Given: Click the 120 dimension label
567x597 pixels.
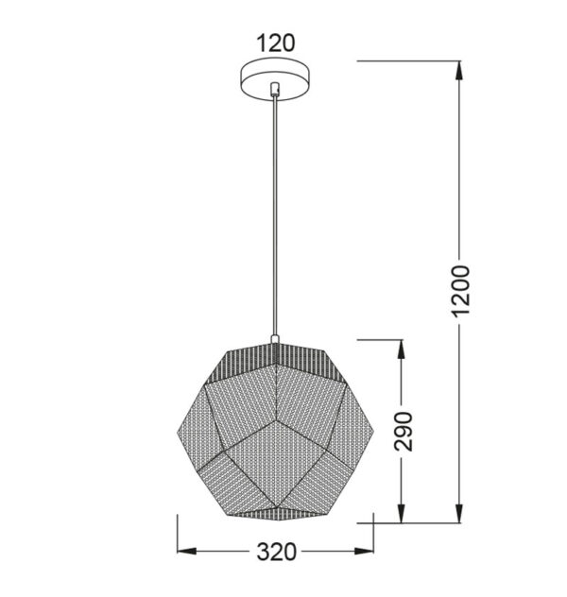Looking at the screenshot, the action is [x=276, y=43].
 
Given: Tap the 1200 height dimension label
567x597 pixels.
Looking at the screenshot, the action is [x=460, y=291].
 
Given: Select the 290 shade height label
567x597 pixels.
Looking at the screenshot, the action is [x=404, y=431].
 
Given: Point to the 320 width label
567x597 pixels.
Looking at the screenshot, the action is [x=277, y=552].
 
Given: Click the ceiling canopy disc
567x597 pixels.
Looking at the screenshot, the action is [x=275, y=79].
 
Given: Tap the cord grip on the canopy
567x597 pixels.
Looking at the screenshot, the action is [x=274, y=88].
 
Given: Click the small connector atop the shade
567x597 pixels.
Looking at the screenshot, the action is [x=275, y=338].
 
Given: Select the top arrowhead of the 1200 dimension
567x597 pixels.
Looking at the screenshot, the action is [x=459, y=71].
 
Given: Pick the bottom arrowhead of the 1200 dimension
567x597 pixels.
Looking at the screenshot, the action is [x=459, y=513].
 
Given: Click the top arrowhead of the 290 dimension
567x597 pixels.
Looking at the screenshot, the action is [x=401, y=350].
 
